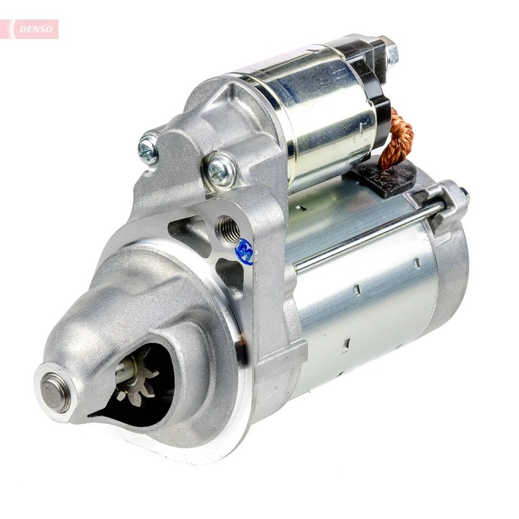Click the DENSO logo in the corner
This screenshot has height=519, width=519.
[x=30, y=29]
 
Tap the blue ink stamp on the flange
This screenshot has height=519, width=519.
[x=244, y=252]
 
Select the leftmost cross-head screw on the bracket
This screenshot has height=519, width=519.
[x=148, y=150]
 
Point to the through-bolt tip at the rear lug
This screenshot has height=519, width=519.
[x=463, y=195]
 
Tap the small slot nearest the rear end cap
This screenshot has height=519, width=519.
[x=417, y=264]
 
